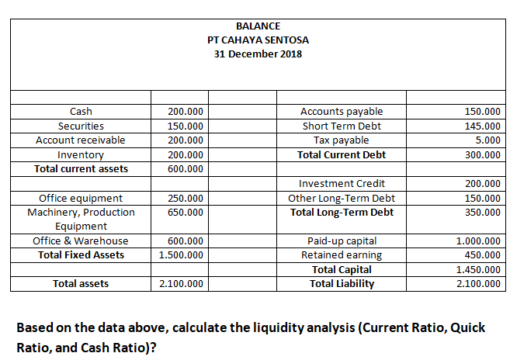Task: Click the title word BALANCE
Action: coord(258,26)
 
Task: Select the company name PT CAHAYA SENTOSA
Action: coord(258,40)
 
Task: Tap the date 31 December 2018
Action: coord(258,54)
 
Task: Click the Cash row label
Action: coord(81,112)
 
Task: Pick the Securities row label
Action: coord(81,126)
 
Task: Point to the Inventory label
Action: coord(81,154)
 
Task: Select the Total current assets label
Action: coord(81,168)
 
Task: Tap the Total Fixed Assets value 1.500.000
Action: coord(181,254)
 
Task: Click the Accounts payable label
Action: coord(341,112)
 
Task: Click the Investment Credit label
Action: coord(341,184)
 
